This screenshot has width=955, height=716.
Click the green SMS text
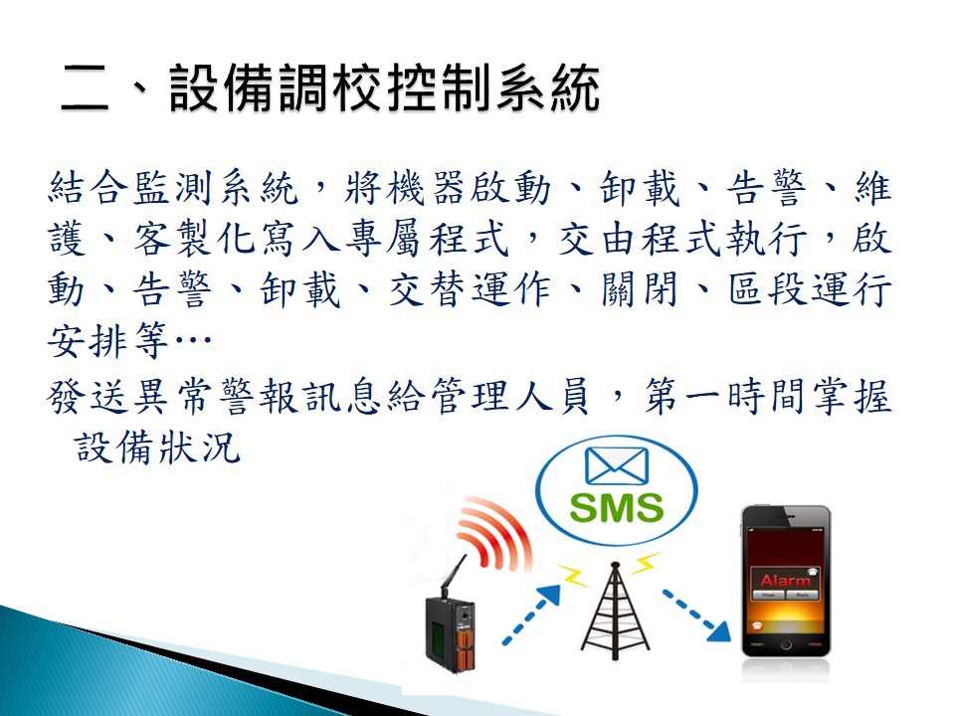pos(617,508)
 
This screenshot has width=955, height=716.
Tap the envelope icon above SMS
pos(617,465)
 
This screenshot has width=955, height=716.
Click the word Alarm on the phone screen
pos(785,580)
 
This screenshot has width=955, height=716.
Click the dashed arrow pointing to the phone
pos(696,615)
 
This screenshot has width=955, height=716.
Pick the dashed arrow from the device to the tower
pos(531,614)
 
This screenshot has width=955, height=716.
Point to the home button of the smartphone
pos(786,644)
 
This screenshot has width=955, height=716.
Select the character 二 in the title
pos(85,89)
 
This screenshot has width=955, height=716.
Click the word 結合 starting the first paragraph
pos(89,187)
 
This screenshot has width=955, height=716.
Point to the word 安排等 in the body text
pos(107,340)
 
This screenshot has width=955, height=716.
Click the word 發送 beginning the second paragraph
pos(89,397)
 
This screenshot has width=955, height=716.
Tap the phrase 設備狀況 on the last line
pos(158,447)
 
